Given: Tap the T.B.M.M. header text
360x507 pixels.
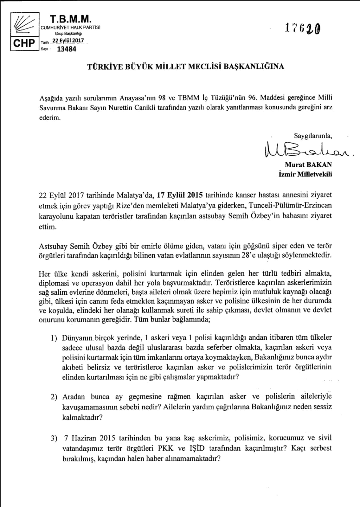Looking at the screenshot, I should tap(70, 20).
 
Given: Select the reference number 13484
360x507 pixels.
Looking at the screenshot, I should tap(67, 49).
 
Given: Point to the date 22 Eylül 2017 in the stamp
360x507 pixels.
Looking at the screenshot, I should tap(68, 41).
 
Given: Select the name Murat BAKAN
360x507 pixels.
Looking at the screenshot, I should tap(308, 165).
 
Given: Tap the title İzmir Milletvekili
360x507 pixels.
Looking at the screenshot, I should tap(305, 174).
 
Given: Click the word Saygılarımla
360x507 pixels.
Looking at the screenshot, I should tap(313, 136).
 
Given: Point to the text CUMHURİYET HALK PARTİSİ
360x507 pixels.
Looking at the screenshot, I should tap(71, 28).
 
